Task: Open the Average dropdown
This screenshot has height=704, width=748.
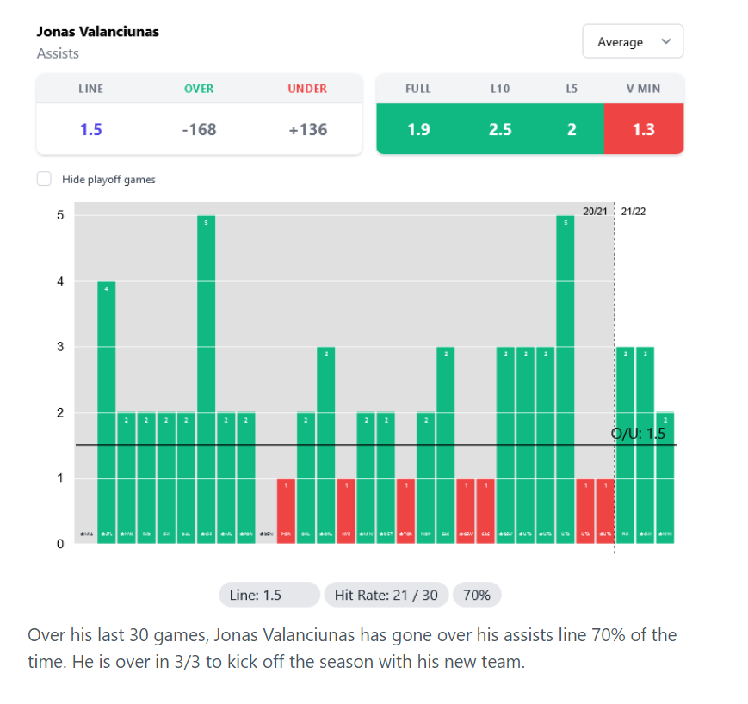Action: (x=633, y=42)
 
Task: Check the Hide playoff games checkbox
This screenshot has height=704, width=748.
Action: (x=44, y=179)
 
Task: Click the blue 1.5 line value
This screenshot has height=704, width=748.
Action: (x=91, y=129)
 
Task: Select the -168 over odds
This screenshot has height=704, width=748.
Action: (x=199, y=129)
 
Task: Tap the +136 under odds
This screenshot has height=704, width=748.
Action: (x=307, y=129)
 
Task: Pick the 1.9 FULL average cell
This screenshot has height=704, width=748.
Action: (x=418, y=129)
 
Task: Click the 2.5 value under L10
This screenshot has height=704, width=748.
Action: (x=500, y=129)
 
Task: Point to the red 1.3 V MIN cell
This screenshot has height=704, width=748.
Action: (x=643, y=129)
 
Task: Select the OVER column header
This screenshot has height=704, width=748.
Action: (x=199, y=89)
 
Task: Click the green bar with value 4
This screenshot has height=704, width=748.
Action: (x=107, y=413)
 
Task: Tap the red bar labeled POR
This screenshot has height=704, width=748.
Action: (x=286, y=511)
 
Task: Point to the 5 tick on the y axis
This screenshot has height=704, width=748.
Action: (x=60, y=215)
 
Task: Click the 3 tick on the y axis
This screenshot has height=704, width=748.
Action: (x=60, y=347)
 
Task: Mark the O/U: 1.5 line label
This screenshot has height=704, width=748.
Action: (x=639, y=434)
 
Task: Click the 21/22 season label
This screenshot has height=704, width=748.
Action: (x=634, y=212)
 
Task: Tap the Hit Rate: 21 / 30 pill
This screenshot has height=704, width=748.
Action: (x=386, y=595)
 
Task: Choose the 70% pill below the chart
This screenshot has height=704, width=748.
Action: (x=477, y=595)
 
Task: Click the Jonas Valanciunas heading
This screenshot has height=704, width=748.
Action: (x=98, y=32)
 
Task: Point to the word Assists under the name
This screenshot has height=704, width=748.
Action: (x=58, y=53)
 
